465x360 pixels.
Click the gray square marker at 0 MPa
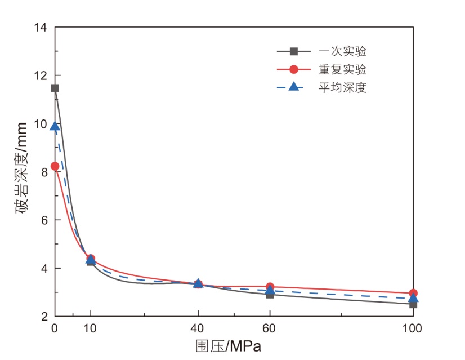click(x=55, y=88)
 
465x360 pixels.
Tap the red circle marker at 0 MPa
click(x=55, y=166)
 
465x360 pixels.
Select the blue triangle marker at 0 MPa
click(x=55, y=126)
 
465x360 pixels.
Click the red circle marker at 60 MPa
click(x=270, y=287)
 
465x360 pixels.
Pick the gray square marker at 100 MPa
click(x=413, y=304)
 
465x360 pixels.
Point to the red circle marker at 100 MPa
click(x=413, y=293)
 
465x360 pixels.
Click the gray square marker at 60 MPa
click(x=270, y=294)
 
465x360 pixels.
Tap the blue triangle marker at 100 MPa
click(x=413, y=298)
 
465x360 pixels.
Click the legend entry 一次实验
click(x=342, y=52)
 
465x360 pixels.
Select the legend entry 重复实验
click(x=342, y=70)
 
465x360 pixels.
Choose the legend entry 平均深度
click(x=342, y=88)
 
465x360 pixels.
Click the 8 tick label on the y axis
click(x=44, y=172)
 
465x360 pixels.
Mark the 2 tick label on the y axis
click(x=44, y=317)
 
